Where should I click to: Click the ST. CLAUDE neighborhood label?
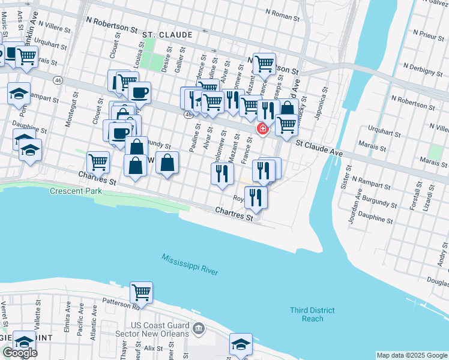[x=167, y=35]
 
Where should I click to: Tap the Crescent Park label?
[x=76, y=191]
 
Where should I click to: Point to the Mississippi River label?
[x=189, y=265]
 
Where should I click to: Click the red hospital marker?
[x=262, y=128]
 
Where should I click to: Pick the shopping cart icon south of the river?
[x=141, y=292]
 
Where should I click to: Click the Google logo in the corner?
[x=20, y=353]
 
